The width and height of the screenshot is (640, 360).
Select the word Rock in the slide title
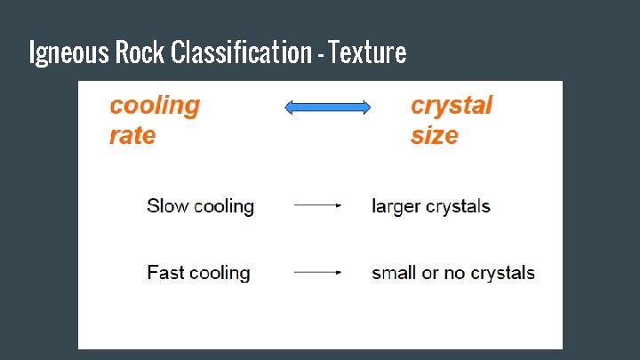coord(140,53)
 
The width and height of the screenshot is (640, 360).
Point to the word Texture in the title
coord(367,53)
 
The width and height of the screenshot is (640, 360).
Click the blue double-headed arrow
coord(327,108)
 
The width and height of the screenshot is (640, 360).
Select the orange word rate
coord(132,136)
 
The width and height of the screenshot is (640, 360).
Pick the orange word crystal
coord(451,106)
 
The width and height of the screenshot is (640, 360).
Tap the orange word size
coord(434,136)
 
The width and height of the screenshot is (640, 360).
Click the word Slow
coord(167,206)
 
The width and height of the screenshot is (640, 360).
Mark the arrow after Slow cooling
coord(317,205)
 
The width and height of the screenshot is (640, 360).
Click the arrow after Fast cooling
coord(317,272)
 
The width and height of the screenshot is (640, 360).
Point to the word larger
coord(396,207)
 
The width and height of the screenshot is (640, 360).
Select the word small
coord(395,273)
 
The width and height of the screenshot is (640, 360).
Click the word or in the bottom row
coord(431,273)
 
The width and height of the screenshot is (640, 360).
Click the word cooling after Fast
coord(222,274)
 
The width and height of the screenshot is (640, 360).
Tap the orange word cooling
coord(155,106)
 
